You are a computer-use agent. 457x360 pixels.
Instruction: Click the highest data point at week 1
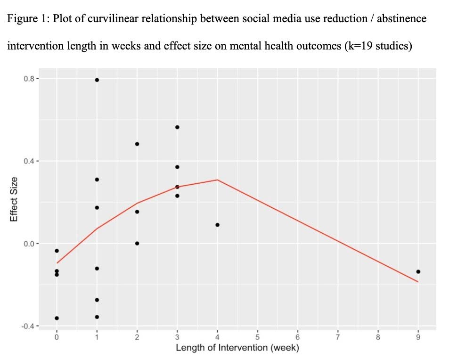pos(97,80)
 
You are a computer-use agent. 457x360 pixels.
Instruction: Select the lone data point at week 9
pos(418,272)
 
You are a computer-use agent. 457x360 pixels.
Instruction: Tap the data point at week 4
pos(217,225)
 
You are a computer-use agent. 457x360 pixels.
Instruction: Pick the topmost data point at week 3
pos(177,127)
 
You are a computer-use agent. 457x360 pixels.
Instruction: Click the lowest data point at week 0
pos(57,318)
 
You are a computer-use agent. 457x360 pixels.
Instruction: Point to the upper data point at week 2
pos(137,144)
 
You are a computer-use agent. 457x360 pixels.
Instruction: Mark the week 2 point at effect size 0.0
pos(137,244)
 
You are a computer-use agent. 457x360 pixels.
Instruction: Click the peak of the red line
pos(217,180)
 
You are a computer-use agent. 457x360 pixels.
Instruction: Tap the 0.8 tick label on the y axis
pos(29,79)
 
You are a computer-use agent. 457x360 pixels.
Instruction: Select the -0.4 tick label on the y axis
pos(28,326)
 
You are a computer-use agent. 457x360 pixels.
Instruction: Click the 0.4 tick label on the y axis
pos(29,161)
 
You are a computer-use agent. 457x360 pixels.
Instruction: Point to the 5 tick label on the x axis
pos(258,337)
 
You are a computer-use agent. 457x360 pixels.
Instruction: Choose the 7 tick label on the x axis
pos(338,337)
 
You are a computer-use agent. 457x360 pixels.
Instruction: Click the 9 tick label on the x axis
pos(418,337)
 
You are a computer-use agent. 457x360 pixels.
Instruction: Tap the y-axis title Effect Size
pos(14,199)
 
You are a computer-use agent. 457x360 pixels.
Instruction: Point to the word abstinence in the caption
pos(401,19)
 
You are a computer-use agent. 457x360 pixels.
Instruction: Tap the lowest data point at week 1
pos(97,317)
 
